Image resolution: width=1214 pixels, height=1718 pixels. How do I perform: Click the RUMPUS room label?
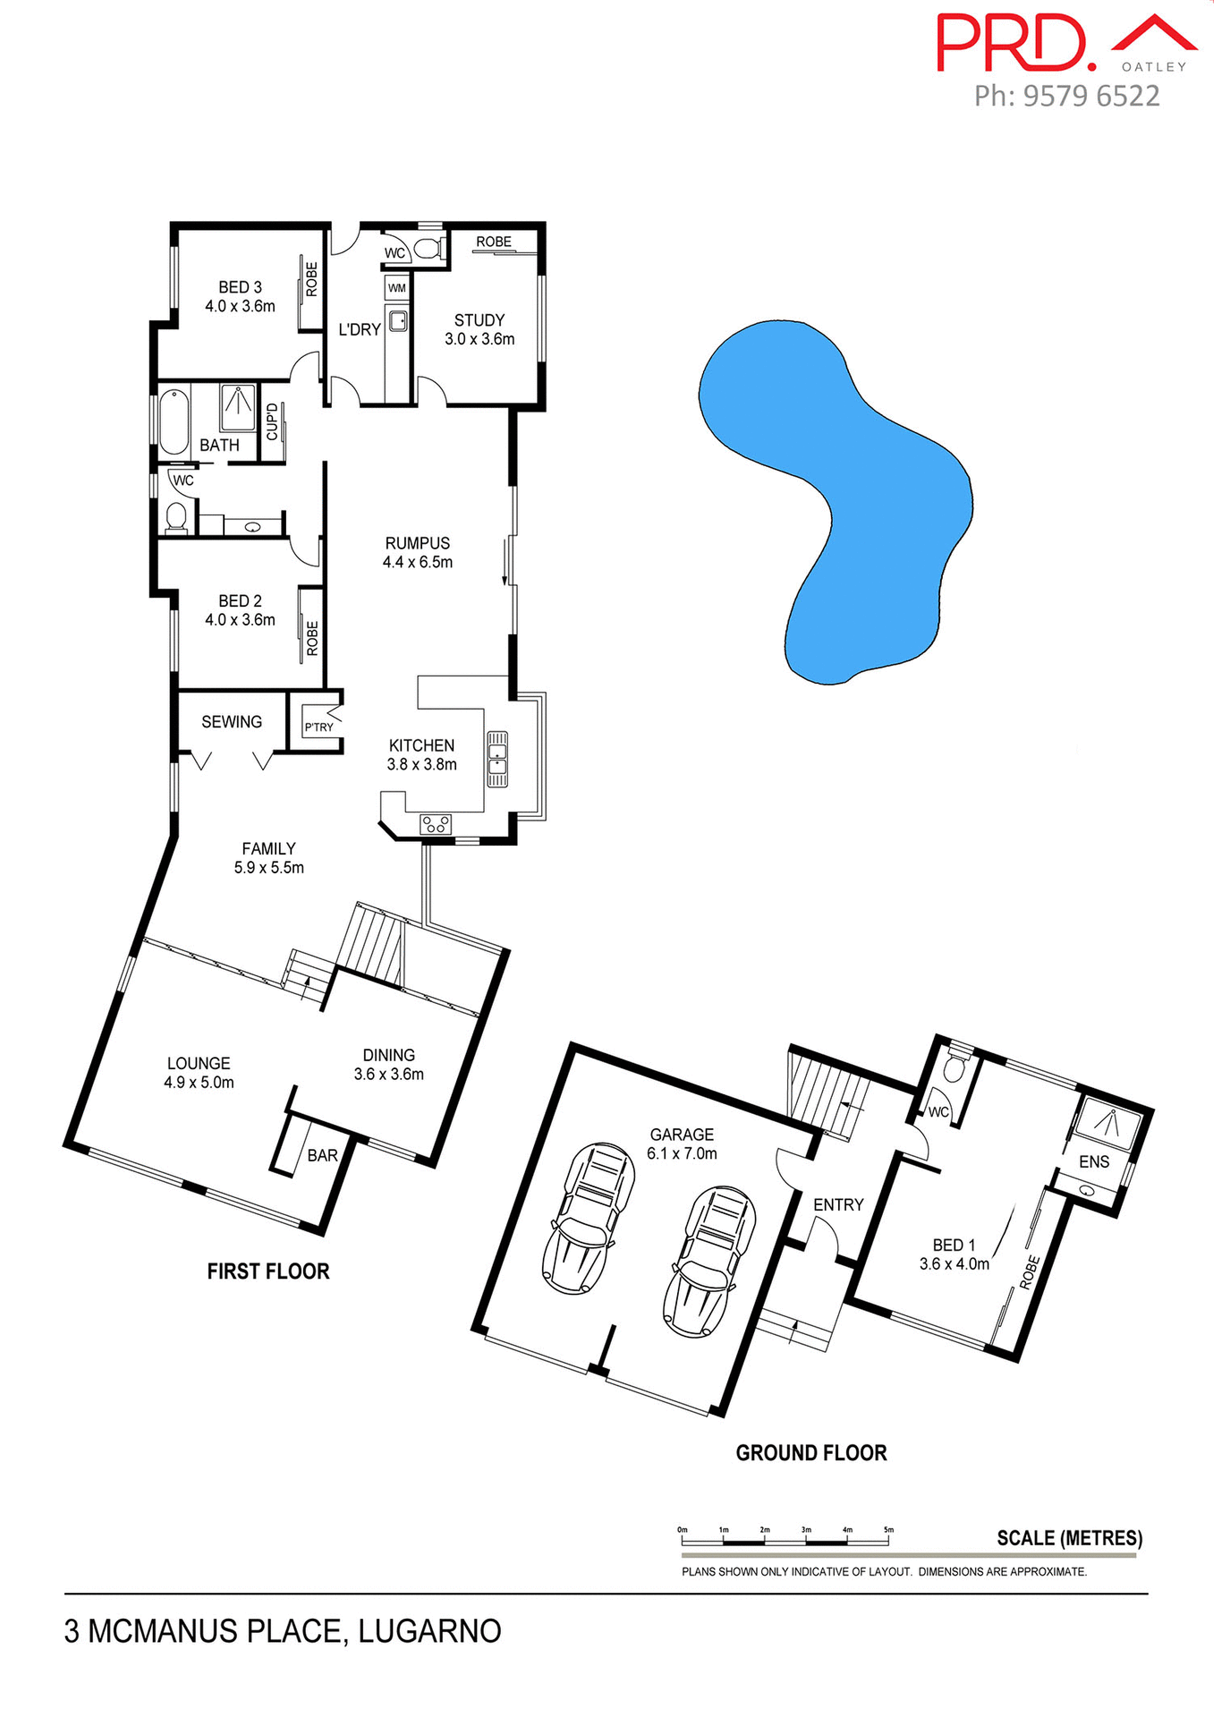[x=417, y=543]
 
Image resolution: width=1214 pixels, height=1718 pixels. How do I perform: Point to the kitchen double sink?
[x=497, y=759]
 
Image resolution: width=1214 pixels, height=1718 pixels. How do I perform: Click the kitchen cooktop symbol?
[x=436, y=824]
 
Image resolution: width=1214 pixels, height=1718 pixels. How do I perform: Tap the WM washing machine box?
[x=397, y=288]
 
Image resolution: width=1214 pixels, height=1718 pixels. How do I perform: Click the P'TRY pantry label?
[x=318, y=727]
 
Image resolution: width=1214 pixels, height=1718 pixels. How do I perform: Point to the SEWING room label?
[x=232, y=721]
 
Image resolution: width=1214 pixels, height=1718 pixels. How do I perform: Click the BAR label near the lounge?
[x=322, y=1155]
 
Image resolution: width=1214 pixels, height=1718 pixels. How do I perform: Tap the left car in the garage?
[x=589, y=1217]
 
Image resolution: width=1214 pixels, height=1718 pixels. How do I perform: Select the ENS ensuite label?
[x=1093, y=1161]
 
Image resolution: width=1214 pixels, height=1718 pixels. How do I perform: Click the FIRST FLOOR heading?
[x=268, y=1271]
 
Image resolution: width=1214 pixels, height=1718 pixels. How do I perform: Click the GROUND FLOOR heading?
[x=811, y=1453]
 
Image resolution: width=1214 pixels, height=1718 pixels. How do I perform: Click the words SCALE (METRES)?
[x=1069, y=1538]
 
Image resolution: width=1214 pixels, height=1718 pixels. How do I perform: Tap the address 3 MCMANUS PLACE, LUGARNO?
[x=283, y=1631]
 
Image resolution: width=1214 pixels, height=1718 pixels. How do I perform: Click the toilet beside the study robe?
[x=429, y=248]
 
